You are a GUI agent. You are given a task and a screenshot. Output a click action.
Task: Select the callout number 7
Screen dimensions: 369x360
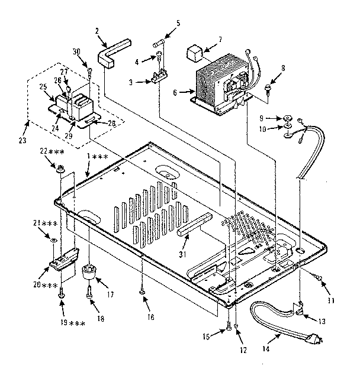pyautogui.click(x=220, y=40)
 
